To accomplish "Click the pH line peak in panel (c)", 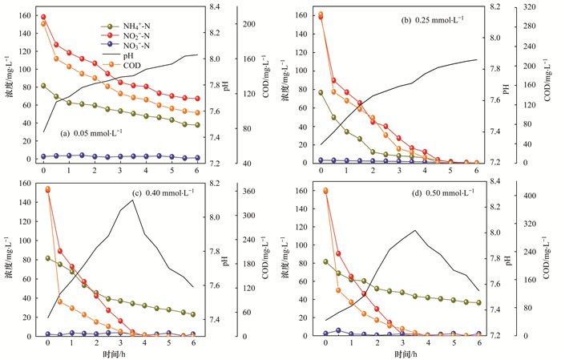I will pos(132,200).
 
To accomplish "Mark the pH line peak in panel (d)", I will pos(414,231).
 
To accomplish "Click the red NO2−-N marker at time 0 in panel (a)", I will pos(43,17).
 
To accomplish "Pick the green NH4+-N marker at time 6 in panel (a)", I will pos(197,124).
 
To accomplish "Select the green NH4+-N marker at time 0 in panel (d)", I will pos(325,261).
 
